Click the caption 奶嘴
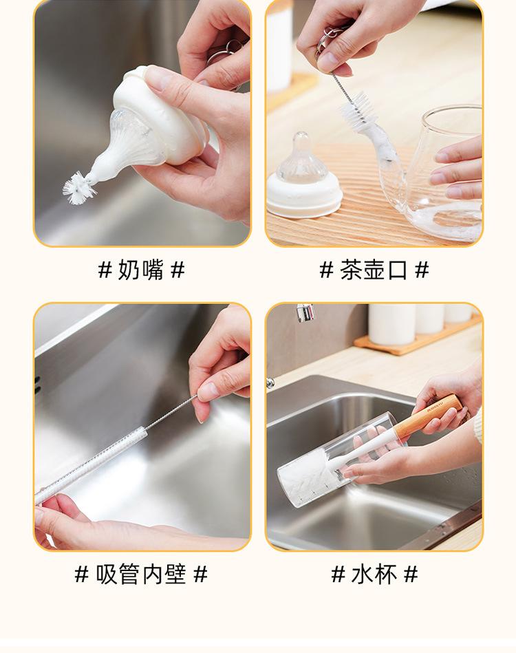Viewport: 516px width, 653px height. click(141, 270)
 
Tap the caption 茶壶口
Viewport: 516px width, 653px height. click(373, 270)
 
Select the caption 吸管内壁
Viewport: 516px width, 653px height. click(141, 575)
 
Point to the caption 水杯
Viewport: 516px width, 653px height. click(374, 575)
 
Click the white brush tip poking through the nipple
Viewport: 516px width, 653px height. click(78, 189)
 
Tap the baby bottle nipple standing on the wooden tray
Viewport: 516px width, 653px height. click(304, 177)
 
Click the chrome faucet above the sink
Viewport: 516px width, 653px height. click(305, 313)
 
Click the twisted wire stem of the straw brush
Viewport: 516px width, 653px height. click(171, 412)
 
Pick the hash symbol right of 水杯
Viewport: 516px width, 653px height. click(411, 575)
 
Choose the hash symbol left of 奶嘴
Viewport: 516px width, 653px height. click(105, 270)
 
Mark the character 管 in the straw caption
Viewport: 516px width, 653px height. click(129, 575)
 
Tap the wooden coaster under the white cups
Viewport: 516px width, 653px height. click(416, 337)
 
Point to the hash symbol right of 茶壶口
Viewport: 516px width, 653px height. click(422, 270)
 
